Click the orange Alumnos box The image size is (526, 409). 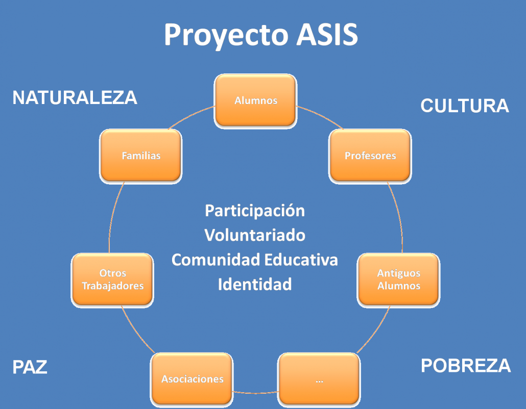point(256,101)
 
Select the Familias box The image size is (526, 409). point(141,156)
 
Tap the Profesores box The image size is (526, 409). point(370,156)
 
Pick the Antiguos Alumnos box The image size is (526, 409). point(398,280)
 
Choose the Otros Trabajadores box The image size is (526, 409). point(112,280)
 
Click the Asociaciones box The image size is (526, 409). point(192,380)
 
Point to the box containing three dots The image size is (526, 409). point(319,380)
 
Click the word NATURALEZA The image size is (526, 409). point(75,98)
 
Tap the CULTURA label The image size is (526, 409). point(465,106)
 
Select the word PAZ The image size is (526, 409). point(30,367)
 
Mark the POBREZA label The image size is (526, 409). point(466,366)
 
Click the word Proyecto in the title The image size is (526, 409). point(226,35)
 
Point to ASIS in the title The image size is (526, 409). point(327,34)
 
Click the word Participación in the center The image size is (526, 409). point(255,211)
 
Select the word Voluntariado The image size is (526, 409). point(255,235)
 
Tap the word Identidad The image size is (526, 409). point(255,285)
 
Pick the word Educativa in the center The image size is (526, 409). point(301,260)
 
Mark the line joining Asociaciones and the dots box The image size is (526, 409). point(256,393)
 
